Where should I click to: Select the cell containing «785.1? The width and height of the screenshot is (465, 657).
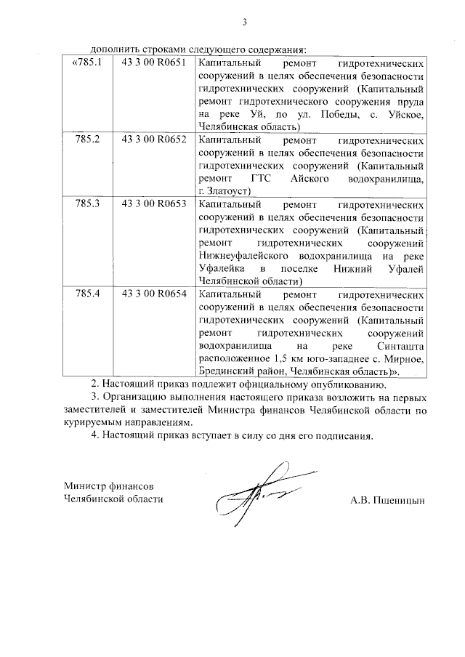point(87,63)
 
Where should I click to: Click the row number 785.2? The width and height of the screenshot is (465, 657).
point(88,139)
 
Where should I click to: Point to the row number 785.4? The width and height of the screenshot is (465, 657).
point(88,294)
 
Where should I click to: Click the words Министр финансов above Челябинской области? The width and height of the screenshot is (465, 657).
point(109,485)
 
